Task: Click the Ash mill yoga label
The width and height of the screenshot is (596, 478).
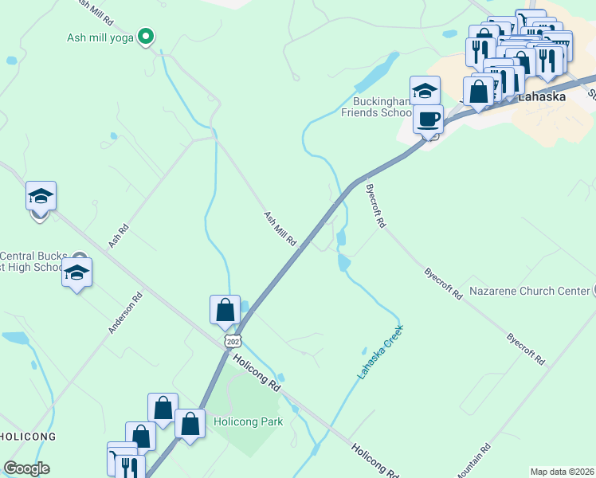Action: (100, 37)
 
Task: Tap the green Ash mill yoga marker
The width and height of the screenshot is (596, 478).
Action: (146, 36)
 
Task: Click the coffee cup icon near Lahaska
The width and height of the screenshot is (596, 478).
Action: (428, 119)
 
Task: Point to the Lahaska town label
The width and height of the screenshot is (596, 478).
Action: (541, 97)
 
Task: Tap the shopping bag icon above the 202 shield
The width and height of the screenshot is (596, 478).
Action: (225, 309)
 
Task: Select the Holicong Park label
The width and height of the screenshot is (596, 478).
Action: (247, 421)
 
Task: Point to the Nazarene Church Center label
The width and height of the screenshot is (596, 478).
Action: (529, 292)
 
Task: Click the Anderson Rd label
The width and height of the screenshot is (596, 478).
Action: (126, 312)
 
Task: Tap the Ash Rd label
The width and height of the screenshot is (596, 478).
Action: (118, 235)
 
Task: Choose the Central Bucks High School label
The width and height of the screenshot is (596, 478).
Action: (32, 261)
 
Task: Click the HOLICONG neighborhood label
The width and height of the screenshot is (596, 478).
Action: (27, 437)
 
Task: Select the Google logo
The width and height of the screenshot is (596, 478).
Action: (26, 468)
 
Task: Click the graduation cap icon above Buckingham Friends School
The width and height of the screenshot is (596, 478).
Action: (425, 90)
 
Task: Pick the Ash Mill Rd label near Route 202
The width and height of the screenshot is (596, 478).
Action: (280, 228)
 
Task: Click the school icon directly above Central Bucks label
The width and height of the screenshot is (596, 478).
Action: (76, 272)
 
